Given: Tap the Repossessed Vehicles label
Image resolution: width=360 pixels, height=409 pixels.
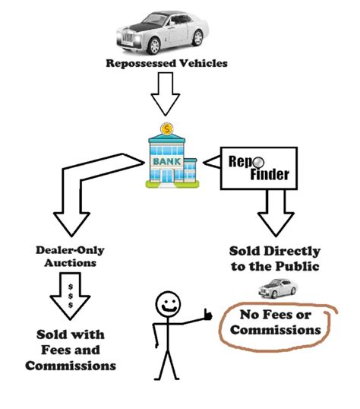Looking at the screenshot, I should pos(166,63).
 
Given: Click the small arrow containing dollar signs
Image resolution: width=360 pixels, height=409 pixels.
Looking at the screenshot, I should pos(71,296).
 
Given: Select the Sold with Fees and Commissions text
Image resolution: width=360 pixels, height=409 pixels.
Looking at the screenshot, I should pos(70,350).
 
